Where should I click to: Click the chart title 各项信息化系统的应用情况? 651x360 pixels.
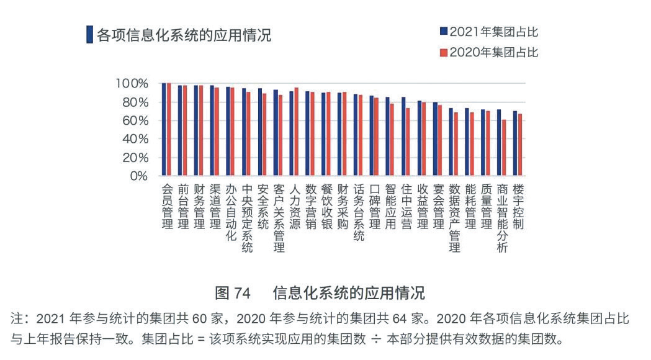click(184, 35)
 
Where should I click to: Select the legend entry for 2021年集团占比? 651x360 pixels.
click(488, 32)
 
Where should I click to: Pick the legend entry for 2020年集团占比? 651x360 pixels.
click(488, 53)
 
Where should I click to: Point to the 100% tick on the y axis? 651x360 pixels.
click(131, 83)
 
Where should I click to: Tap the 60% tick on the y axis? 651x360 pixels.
click(134, 120)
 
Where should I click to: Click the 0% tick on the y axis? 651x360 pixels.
click(138, 176)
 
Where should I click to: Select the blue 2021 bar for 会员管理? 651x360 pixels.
click(164, 129)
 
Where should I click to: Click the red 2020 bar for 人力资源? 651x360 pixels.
click(296, 132)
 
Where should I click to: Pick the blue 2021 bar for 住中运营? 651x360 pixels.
click(403, 136)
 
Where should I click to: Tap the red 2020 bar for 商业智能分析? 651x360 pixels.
click(504, 147)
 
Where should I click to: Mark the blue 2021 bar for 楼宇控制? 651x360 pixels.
click(514, 143)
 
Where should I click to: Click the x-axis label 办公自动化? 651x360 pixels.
click(231, 211)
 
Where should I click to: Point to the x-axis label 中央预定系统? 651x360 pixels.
click(247, 217)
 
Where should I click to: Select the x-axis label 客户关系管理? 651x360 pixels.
click(279, 217)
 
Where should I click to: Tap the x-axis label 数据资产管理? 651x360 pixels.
click(455, 217)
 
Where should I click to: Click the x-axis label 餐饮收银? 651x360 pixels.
click(327, 205)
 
